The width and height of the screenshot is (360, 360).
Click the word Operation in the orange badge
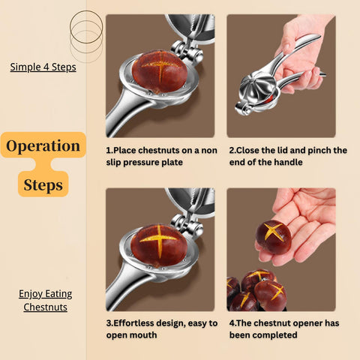(43, 146)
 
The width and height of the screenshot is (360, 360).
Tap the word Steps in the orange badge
(43, 185)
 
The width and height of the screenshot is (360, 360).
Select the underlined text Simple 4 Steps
(43, 67)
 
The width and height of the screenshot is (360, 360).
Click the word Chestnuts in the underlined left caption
(45, 307)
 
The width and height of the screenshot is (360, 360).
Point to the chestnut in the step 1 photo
(160, 72)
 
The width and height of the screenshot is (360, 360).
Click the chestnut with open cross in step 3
(159, 246)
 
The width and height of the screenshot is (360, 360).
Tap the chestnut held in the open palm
(274, 237)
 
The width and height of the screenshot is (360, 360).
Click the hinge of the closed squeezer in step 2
(243, 109)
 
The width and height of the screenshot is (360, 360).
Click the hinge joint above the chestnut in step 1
(187, 51)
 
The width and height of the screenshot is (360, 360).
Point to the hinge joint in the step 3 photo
(187, 225)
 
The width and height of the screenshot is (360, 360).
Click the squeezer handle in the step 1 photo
(127, 115)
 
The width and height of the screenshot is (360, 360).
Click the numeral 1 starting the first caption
(108, 150)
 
